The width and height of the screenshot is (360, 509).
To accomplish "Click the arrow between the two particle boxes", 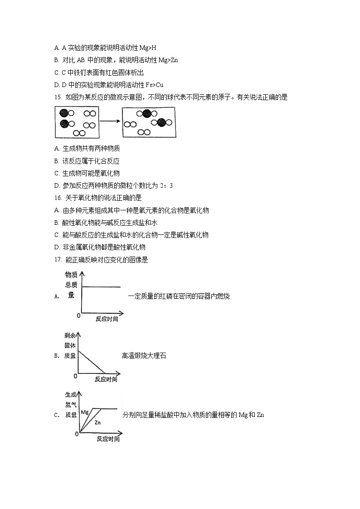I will coord(110,121).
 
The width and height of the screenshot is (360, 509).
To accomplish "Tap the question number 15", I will coord(57,97).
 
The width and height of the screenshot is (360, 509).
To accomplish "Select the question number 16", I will coord(57,198).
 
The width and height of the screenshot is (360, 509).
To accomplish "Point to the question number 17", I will coord(57,260).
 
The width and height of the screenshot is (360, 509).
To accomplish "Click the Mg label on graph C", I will coord(85,412).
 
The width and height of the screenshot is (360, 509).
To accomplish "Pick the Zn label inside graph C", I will coord(97,422).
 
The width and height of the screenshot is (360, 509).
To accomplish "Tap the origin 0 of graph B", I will coord(75,376).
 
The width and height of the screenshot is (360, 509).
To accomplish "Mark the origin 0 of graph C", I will coord(77,434).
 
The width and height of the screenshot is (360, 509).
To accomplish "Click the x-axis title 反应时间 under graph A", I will coord(107,319).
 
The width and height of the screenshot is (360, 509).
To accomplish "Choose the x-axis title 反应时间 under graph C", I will coord(108,439).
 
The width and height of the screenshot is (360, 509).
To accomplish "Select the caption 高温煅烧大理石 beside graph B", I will coord(144,356).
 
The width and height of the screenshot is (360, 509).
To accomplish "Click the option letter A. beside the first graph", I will coord(57,296).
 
